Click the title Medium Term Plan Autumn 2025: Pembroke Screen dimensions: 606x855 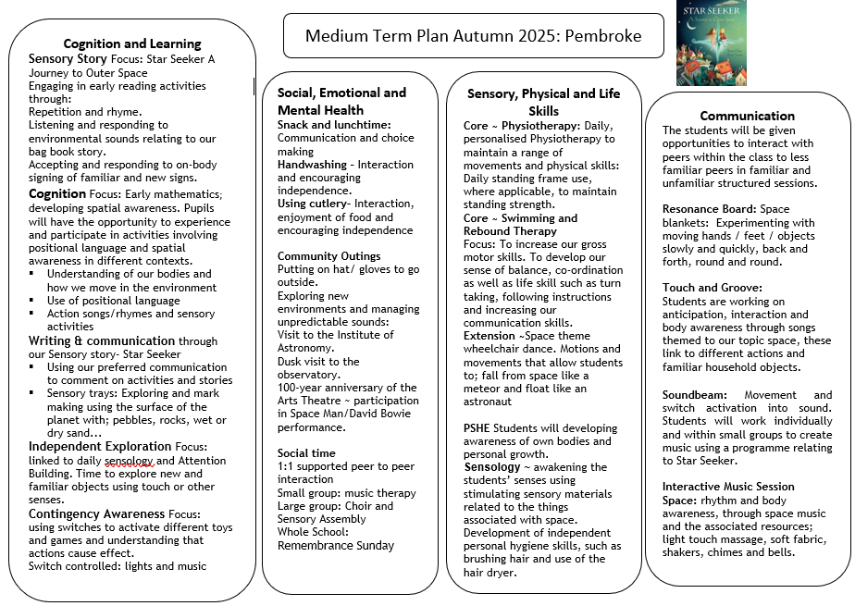click(x=473, y=37)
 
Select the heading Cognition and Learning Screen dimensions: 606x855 click(x=132, y=43)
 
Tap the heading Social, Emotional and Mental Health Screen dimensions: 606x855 click(x=341, y=101)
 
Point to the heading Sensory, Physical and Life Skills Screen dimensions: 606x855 click(x=543, y=102)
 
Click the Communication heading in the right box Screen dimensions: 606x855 click(x=748, y=116)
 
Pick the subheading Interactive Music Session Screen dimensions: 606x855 click(x=728, y=487)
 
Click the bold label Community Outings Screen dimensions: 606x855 click(x=328, y=256)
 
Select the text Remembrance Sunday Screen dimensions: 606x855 click(x=336, y=545)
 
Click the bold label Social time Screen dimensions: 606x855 click(x=307, y=453)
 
